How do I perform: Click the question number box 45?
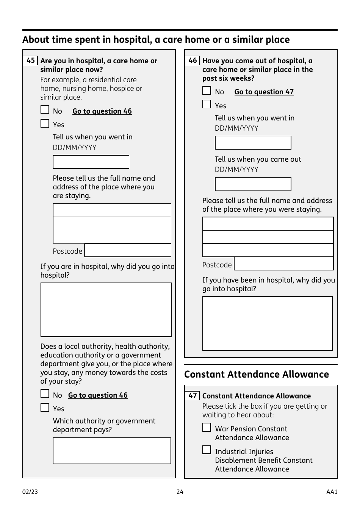pos(30,61)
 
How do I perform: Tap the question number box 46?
pos(192,61)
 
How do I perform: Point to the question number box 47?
pos(192,396)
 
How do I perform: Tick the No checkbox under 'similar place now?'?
pos(45,110)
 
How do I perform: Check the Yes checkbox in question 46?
pos(207,105)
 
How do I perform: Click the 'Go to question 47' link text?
pos(264,92)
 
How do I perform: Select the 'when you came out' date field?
pos(253,184)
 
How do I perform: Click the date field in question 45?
pos(91,162)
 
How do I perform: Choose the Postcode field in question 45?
pos(128,251)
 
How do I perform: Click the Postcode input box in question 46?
pos(283,264)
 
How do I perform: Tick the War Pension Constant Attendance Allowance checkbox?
pos(207,428)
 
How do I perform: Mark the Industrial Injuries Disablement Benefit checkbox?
pos(207,450)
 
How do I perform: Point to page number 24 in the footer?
pos(180,492)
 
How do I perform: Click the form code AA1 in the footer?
pos(332,492)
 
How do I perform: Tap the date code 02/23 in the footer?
pos(30,492)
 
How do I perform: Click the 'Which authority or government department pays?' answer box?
pos(112,451)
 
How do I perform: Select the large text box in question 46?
pos(268,323)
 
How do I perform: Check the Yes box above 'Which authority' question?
pos(45,408)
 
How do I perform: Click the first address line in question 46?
pos(268,224)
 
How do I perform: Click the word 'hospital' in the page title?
pos(135,40)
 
